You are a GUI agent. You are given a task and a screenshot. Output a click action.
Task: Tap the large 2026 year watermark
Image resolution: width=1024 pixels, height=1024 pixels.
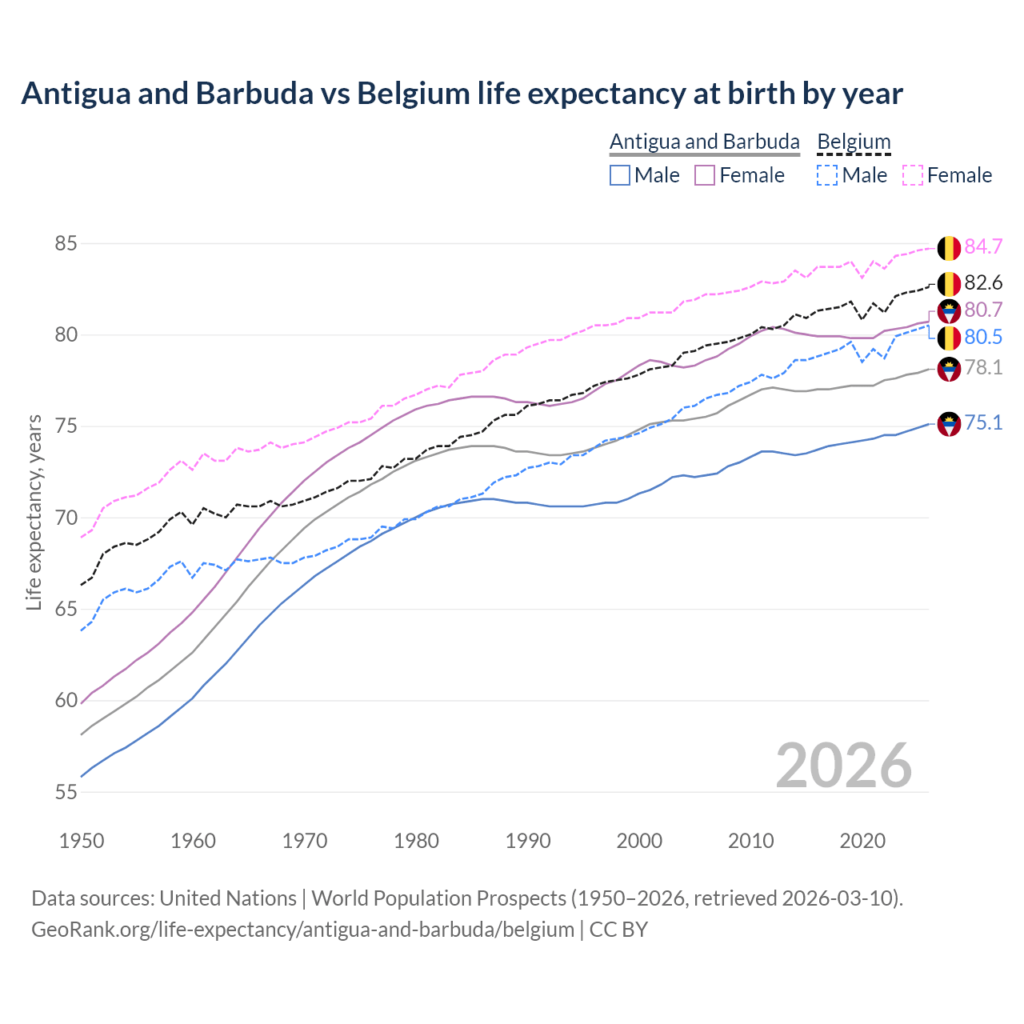pyautogui.click(x=843, y=766)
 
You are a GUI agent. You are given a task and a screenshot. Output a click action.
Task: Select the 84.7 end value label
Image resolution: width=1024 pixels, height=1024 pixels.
pyautogui.click(x=983, y=246)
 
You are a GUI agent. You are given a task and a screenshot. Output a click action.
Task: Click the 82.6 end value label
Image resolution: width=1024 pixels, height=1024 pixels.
pyautogui.click(x=983, y=282)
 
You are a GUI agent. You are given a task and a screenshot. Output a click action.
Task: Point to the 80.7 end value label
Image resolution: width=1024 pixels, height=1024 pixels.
pyautogui.click(x=983, y=310)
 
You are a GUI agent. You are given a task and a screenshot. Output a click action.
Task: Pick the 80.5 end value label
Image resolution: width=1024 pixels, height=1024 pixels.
pyautogui.click(x=983, y=337)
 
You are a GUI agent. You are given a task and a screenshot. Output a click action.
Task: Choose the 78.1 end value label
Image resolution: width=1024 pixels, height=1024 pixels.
pyautogui.click(x=983, y=367)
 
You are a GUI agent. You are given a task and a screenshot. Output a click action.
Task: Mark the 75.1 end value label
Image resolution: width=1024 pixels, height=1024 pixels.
pyautogui.click(x=983, y=422)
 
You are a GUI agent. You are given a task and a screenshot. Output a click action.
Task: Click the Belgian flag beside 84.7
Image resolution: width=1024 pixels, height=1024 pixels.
pyautogui.click(x=949, y=248)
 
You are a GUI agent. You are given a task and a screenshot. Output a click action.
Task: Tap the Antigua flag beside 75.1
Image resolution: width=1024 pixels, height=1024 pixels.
pyautogui.click(x=949, y=424)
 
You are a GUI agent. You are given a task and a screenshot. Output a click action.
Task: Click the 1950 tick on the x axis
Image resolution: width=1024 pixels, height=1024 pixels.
pyautogui.click(x=82, y=841)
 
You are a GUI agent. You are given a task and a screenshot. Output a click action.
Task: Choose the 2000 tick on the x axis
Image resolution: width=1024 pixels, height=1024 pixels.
pyautogui.click(x=639, y=841)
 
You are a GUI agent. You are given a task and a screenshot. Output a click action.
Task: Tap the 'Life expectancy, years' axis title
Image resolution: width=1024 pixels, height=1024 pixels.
pyautogui.click(x=34, y=512)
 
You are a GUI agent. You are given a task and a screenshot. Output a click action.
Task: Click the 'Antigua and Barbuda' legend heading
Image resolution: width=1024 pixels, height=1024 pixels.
pyautogui.click(x=704, y=142)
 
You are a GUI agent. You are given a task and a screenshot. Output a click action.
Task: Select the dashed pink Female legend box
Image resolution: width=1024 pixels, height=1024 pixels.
pyautogui.click(x=913, y=175)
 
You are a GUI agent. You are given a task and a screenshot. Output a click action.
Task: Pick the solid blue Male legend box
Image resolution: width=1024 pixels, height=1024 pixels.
pyautogui.click(x=620, y=175)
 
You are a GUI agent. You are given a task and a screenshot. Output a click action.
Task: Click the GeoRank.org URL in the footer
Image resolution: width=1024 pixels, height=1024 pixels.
pyautogui.click(x=302, y=930)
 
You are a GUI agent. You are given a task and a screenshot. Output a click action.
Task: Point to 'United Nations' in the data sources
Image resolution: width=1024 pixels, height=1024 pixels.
pyautogui.click(x=228, y=898)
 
